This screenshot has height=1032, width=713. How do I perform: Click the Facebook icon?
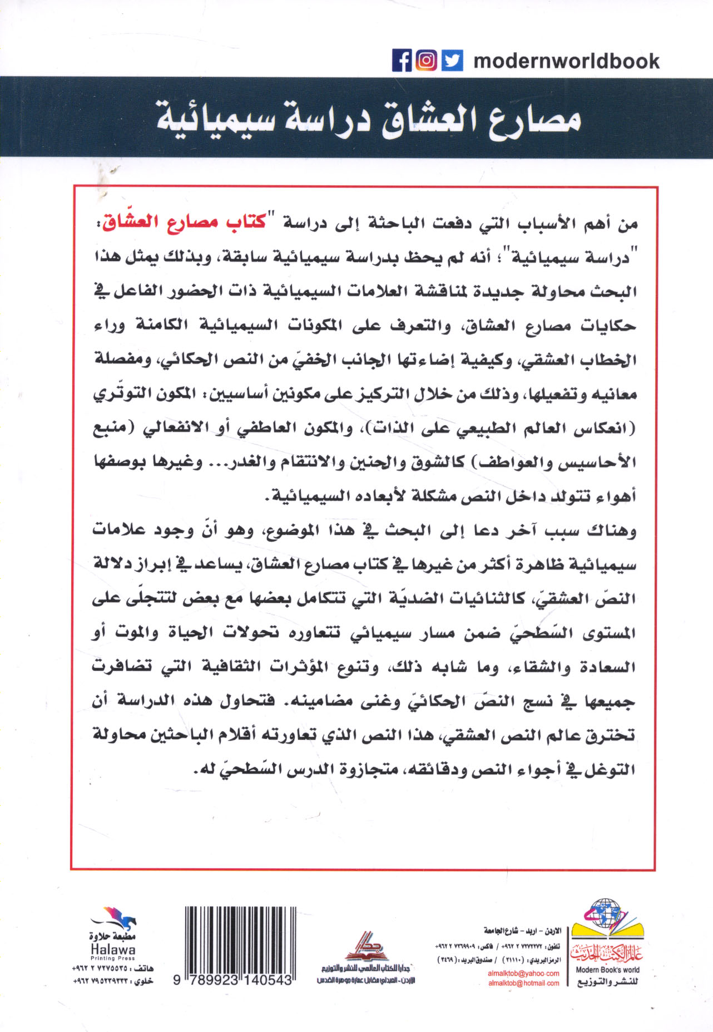point(402,60)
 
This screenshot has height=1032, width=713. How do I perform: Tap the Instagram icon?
point(427,60)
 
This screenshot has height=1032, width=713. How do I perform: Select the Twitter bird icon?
point(452,60)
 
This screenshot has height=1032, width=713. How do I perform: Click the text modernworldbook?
point(566,61)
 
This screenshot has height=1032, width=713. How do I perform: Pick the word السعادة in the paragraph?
point(607,667)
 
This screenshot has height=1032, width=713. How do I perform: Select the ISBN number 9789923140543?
point(232,981)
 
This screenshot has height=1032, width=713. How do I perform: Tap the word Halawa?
point(113,950)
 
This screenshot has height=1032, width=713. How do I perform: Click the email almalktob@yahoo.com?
point(523,973)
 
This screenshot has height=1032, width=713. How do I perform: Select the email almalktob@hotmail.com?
point(523,983)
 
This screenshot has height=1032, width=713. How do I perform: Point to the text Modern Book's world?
point(607,969)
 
